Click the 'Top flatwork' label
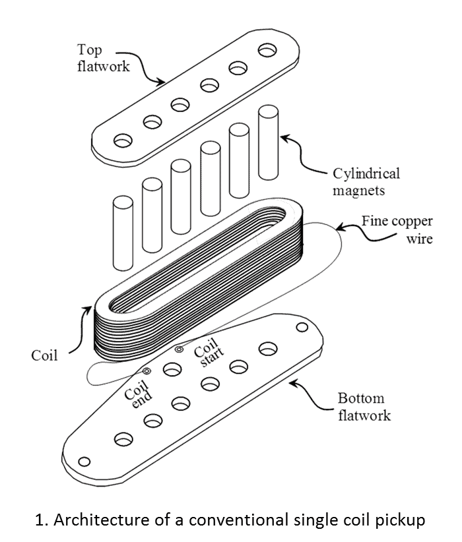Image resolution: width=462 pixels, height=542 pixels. pyautogui.click(x=100, y=59)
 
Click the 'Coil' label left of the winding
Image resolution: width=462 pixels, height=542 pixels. pyautogui.click(x=44, y=356)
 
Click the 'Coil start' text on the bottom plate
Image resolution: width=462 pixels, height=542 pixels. pyautogui.click(x=206, y=359)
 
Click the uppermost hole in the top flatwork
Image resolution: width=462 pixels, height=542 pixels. pyautogui.click(x=268, y=50)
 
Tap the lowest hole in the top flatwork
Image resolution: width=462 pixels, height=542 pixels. pyautogui.click(x=123, y=140)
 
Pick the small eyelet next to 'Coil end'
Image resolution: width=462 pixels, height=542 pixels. pyautogui.click(x=147, y=372)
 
